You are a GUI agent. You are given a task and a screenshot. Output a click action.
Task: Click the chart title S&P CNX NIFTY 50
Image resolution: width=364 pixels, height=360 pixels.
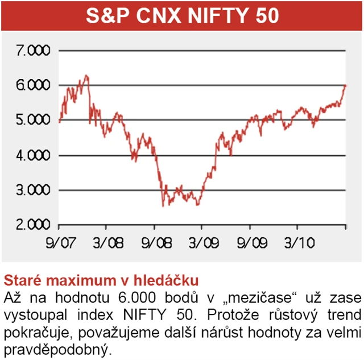tap(182, 16)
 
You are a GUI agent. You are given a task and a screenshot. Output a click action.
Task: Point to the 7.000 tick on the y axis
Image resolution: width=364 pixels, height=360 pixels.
tap(35, 51)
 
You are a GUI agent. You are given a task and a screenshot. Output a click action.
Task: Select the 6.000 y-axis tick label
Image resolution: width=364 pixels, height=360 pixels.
tap(35, 85)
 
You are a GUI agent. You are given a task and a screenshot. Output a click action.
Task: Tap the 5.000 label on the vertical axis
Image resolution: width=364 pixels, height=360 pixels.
tap(35, 120)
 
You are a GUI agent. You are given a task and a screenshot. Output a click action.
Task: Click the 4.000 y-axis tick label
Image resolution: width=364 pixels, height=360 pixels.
tap(35, 155)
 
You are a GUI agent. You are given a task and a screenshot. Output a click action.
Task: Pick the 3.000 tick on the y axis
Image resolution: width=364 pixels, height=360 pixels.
tap(35, 190)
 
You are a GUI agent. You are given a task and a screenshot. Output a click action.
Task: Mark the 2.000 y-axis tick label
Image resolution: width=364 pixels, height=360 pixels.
tap(35, 225)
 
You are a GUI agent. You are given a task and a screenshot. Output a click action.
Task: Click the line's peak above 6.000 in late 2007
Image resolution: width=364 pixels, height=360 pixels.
tap(86, 75)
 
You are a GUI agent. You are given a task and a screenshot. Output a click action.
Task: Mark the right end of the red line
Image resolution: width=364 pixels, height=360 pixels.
tap(345, 85)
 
